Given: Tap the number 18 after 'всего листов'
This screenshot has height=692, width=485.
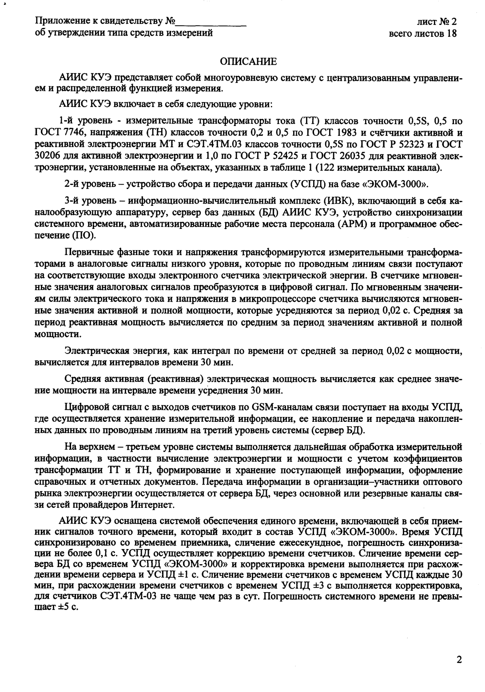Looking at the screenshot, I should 452,33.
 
